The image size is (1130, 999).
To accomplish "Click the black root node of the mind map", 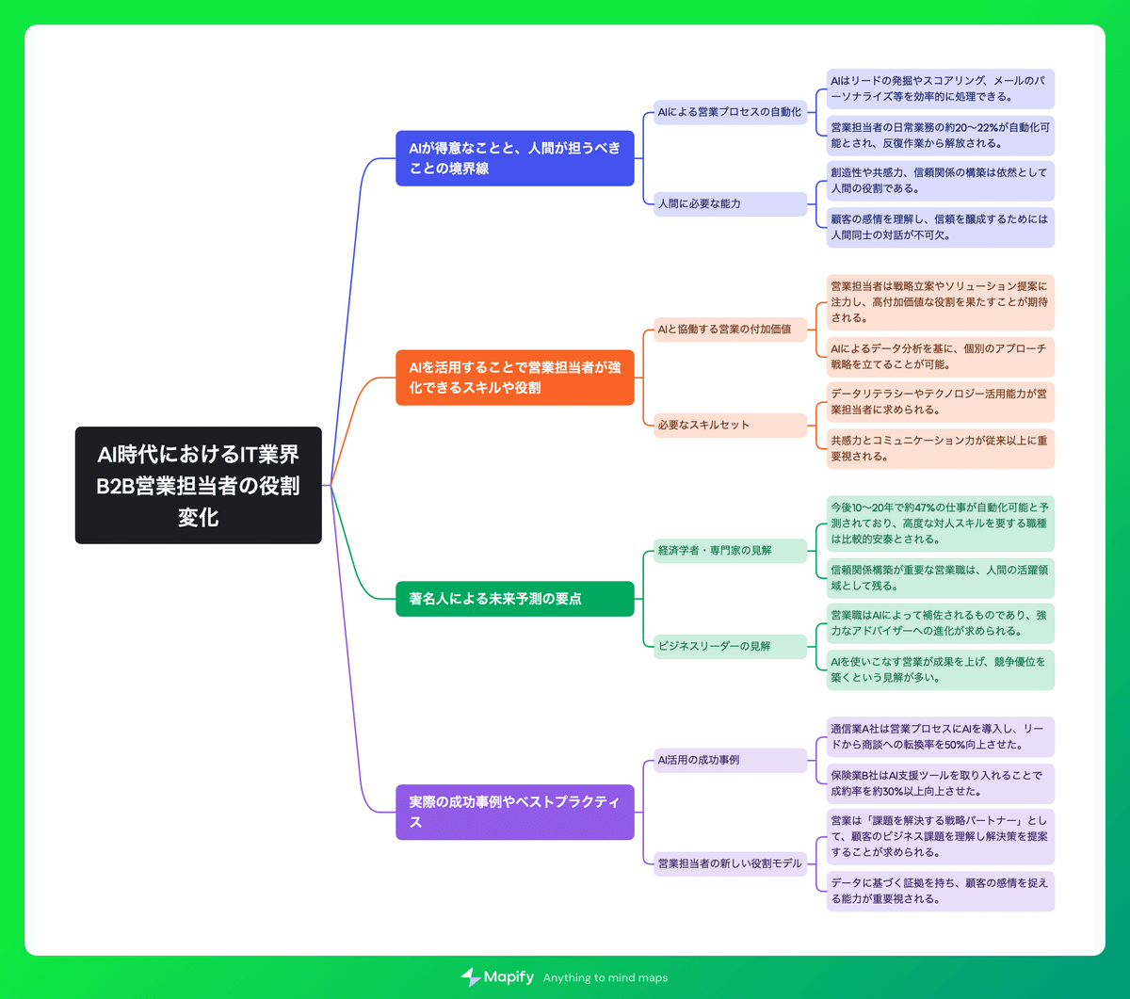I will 198,485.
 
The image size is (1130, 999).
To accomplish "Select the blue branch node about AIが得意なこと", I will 514,158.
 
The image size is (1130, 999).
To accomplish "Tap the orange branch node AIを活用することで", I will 514,378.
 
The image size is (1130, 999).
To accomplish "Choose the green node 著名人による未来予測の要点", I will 514,599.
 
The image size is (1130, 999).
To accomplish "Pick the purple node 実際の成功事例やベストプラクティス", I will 514,812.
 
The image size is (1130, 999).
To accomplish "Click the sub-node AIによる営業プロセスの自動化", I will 730,112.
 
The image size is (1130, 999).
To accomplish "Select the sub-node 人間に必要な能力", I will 730,203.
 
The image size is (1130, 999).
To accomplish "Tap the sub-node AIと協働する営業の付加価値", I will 730,329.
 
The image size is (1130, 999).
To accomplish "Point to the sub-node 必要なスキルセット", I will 730,425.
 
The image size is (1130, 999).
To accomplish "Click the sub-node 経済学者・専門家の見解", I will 730,550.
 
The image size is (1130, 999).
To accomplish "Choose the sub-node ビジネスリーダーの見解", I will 730,646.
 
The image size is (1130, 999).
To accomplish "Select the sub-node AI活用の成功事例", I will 730,760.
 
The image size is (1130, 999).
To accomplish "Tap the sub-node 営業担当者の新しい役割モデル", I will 730,863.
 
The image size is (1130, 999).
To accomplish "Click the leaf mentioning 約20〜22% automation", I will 939,136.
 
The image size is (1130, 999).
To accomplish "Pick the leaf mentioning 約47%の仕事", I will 939,524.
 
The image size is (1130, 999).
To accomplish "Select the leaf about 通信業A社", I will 939,736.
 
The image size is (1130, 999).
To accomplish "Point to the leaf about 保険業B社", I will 939,783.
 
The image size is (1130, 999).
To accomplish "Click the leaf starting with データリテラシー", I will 939,402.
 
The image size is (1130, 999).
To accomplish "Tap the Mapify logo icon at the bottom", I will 471,977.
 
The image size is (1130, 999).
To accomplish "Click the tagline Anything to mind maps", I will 605,978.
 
